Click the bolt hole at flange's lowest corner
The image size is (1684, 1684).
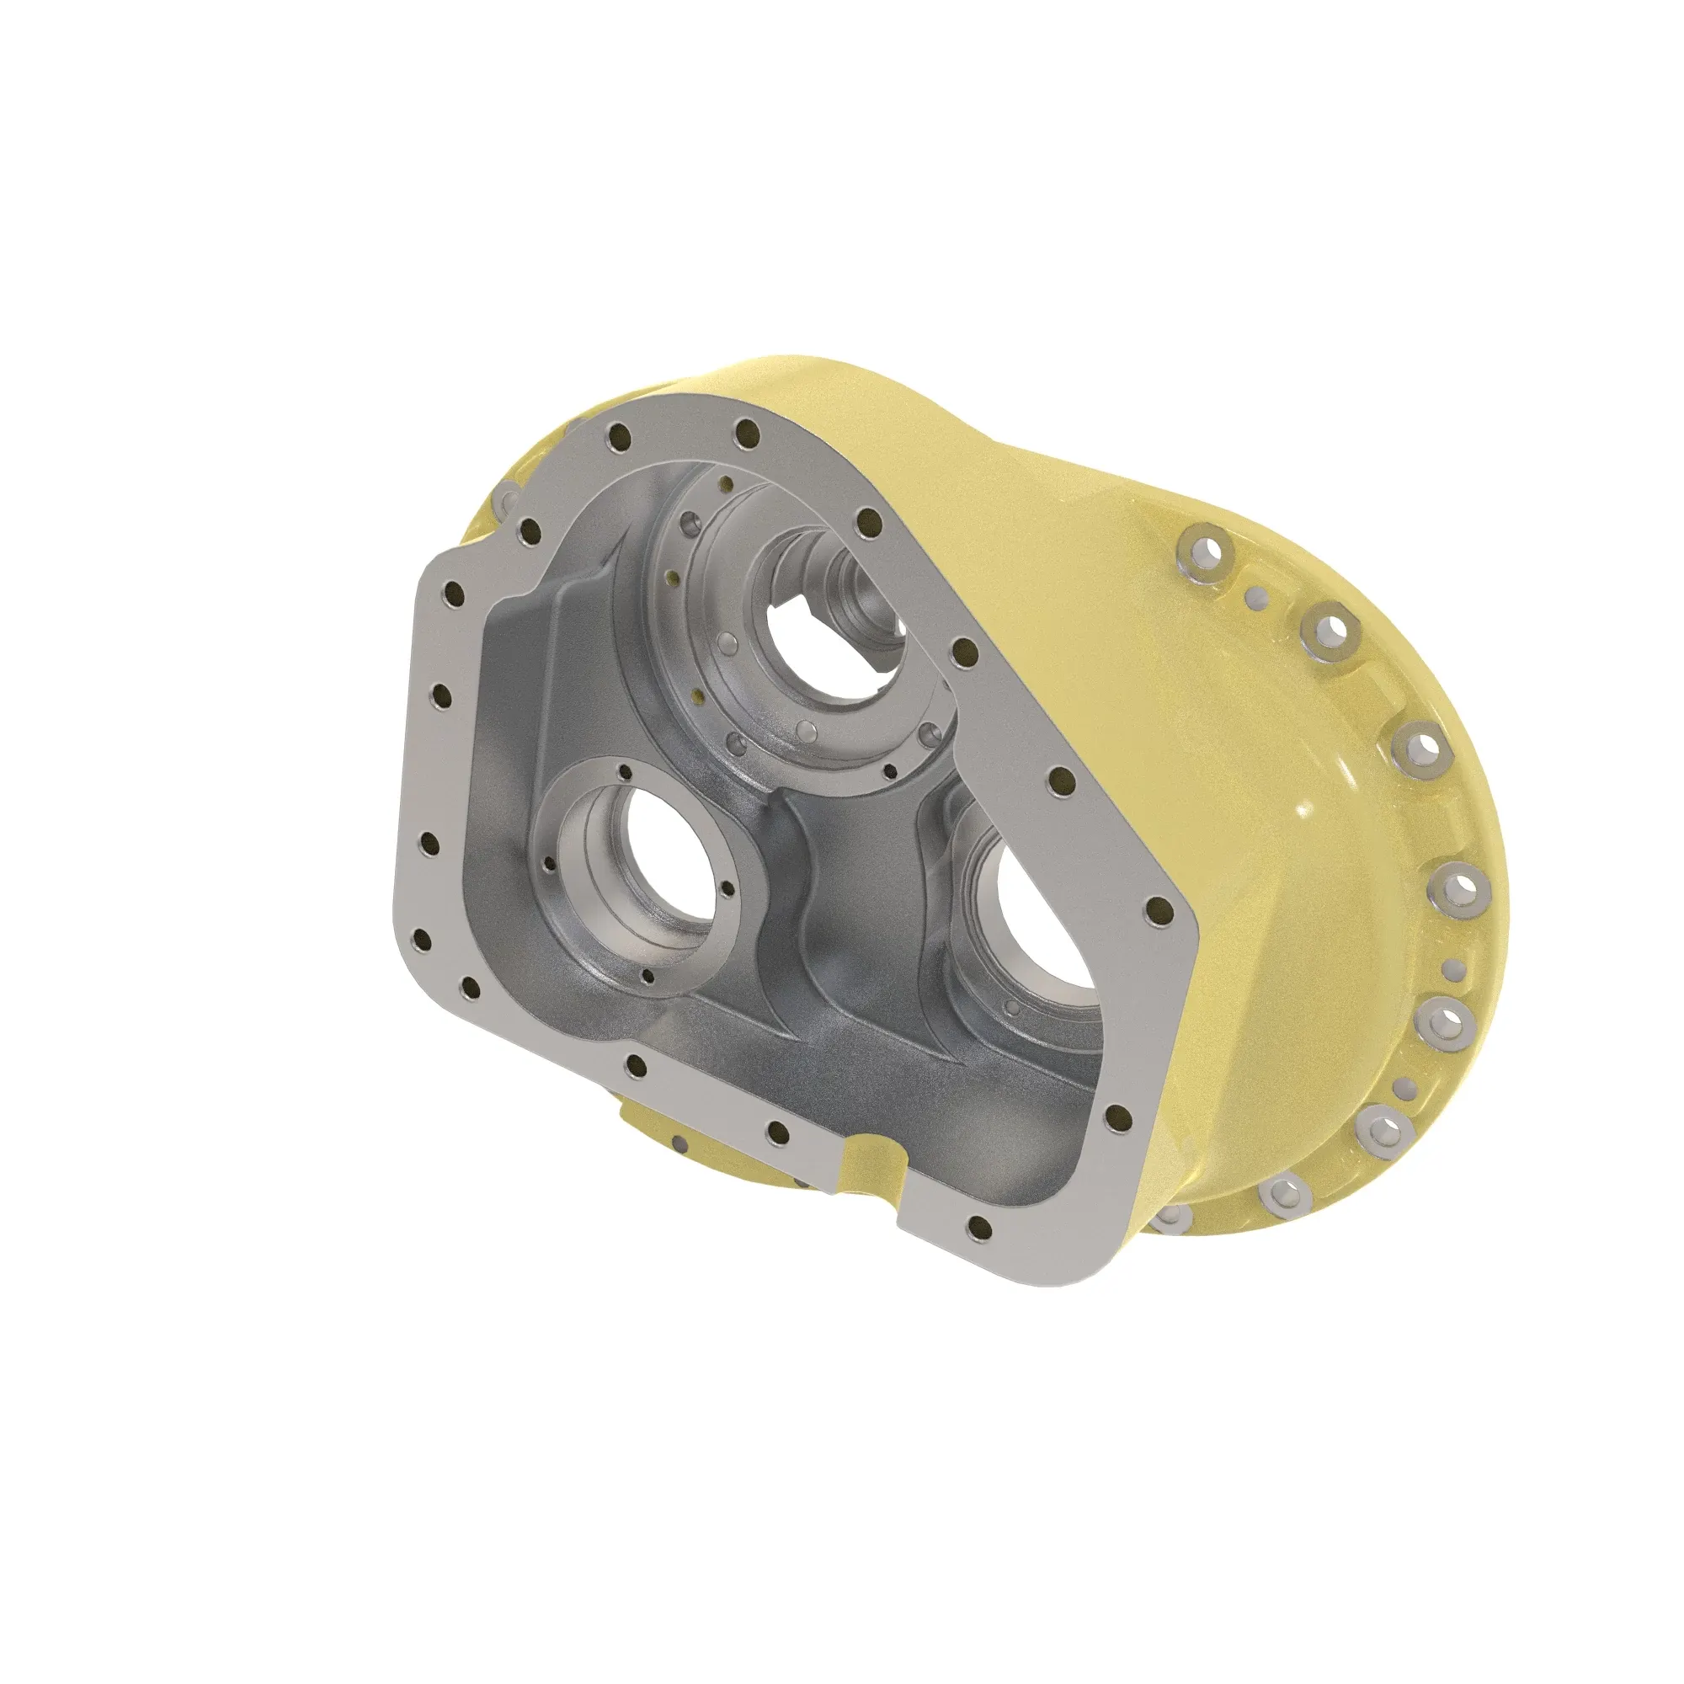pyautogui.click(x=979, y=1230)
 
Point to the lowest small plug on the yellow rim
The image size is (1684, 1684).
pyautogui.click(x=1404, y=1087)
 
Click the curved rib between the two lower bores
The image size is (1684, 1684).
pyautogui.click(x=807, y=907)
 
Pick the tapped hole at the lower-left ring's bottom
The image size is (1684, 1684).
pyautogui.click(x=647, y=976)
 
